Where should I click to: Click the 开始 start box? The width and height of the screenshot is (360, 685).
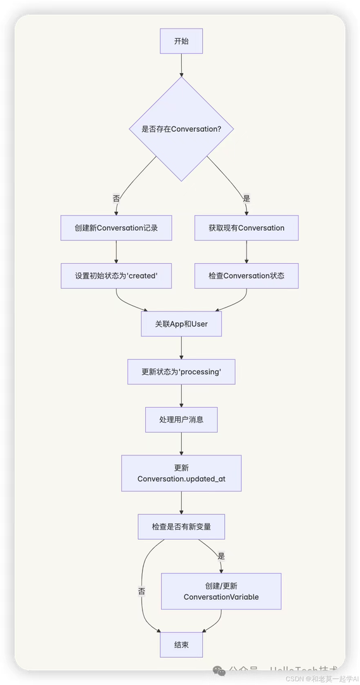(181, 41)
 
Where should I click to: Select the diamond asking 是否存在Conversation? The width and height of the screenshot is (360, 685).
(181, 129)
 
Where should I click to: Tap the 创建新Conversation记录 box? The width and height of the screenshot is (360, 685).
(116, 228)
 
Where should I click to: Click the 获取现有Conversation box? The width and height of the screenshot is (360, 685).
(246, 228)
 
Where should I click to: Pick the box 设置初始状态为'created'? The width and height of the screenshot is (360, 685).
(116, 276)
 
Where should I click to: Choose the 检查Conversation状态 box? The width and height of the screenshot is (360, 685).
(246, 276)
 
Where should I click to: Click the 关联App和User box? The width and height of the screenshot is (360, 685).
(181, 323)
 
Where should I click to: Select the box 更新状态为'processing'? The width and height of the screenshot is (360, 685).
(181, 372)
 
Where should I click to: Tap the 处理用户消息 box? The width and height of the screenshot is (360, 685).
(181, 419)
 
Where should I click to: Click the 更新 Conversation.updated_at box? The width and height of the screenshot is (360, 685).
(181, 473)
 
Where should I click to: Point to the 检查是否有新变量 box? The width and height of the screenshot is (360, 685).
(181, 526)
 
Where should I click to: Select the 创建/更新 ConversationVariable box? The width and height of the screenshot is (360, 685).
(221, 591)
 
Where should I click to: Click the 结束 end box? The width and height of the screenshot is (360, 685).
(181, 644)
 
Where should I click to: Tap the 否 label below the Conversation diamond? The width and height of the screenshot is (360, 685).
(116, 198)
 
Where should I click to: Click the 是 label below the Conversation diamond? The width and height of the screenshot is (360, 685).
(246, 198)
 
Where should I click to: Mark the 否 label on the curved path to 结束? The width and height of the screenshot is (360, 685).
(141, 591)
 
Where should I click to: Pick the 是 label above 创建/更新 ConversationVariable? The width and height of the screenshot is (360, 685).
(221, 556)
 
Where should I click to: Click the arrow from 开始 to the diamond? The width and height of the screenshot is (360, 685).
(181, 65)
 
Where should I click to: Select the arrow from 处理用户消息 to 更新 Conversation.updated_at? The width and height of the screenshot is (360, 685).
(181, 443)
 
